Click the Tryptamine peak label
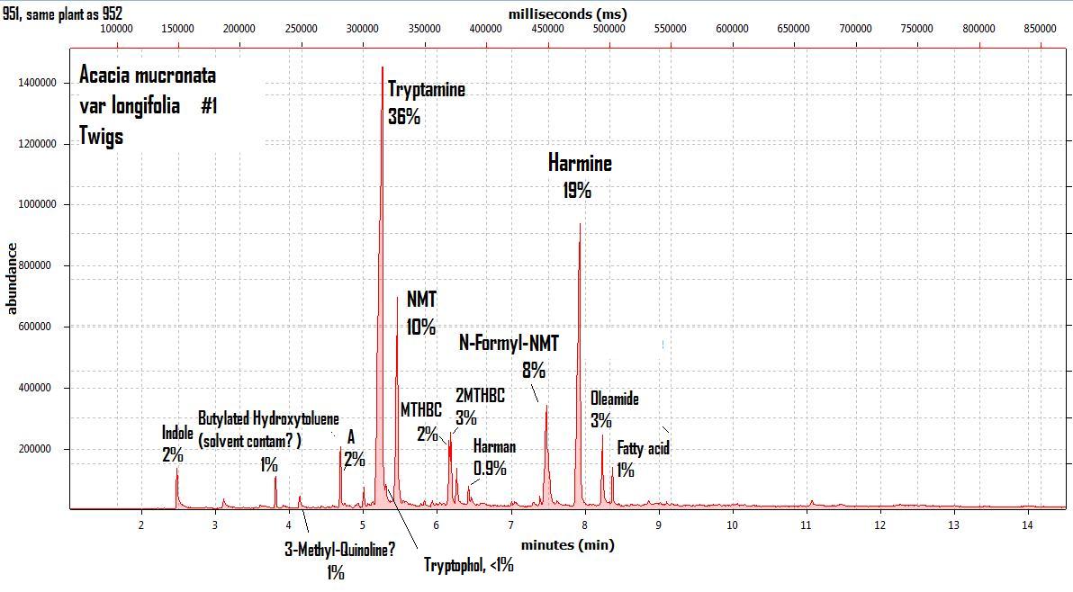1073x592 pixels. (426, 89)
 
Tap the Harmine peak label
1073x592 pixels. (580, 163)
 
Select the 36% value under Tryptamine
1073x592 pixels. (404, 116)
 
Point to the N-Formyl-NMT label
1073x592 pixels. (509, 343)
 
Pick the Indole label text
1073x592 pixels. (177, 433)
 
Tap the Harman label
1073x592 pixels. (494, 447)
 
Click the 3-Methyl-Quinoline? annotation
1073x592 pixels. (339, 550)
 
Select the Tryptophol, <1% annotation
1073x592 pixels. (469, 565)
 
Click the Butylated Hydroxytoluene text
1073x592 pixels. (268, 419)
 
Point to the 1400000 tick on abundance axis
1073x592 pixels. (38, 83)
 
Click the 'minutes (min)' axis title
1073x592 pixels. (567, 544)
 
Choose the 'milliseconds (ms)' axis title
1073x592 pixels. (567, 13)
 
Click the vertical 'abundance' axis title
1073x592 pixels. (13, 279)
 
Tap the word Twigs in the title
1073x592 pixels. (101, 136)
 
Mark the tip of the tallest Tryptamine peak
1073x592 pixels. (382, 67)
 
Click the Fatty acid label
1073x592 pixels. (643, 448)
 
